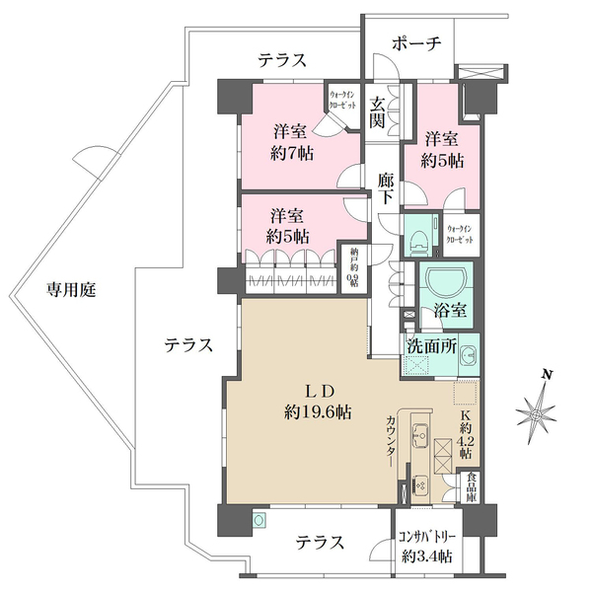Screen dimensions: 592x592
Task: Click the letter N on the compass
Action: (x=545, y=375)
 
